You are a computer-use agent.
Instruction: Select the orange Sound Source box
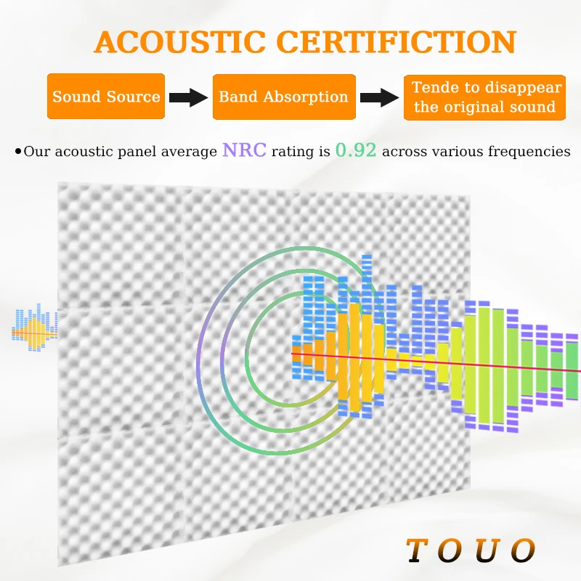106,97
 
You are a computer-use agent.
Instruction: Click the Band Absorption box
283,97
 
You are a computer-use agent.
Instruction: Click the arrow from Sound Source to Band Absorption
188,97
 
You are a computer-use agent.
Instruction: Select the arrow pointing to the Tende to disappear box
379,97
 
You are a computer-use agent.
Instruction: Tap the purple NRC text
245,151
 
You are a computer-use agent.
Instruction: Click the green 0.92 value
356,151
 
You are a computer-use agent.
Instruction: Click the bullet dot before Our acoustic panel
17,152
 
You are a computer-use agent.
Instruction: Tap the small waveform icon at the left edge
34,330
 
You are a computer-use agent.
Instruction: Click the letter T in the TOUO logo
417,551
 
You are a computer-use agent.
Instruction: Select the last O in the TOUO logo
522,551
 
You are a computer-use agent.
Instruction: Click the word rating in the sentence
292,152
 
